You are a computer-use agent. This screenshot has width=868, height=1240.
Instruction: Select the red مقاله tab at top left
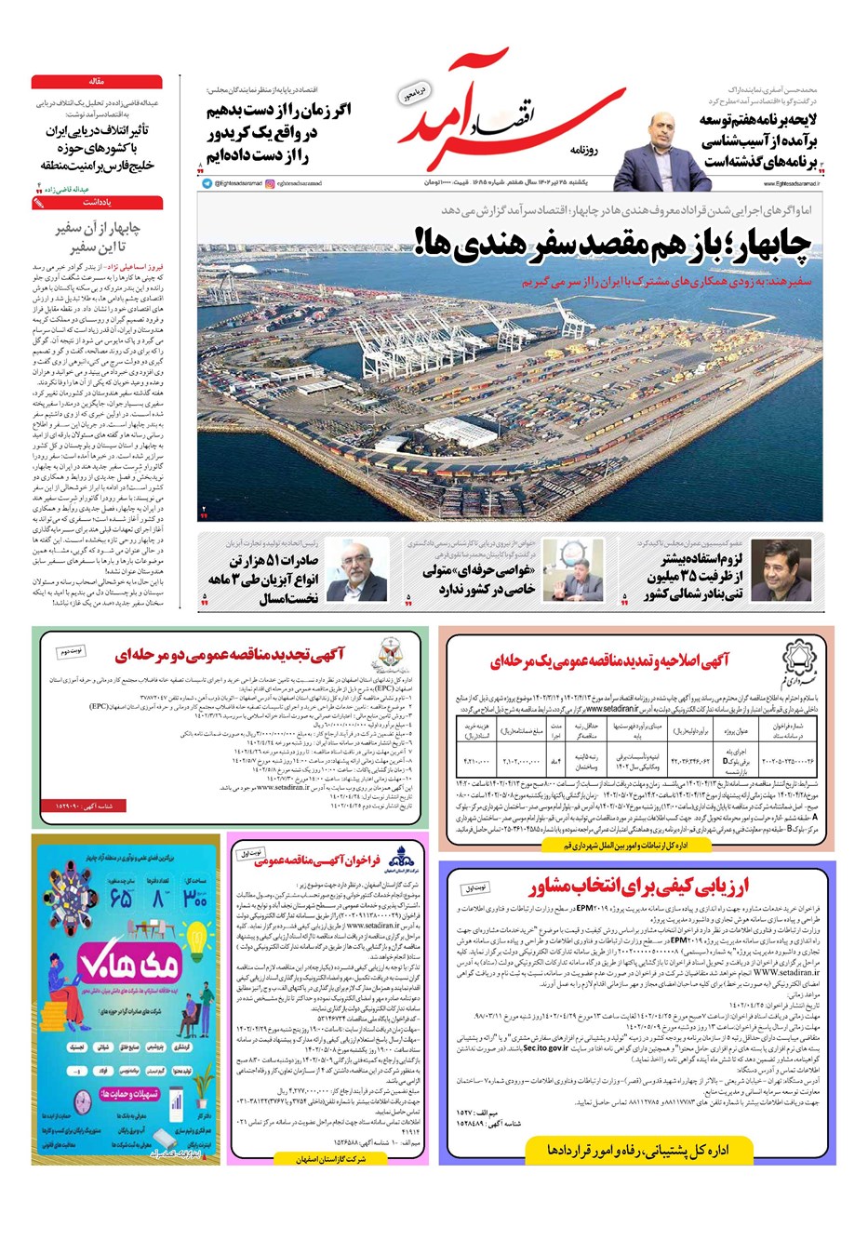coord(97,82)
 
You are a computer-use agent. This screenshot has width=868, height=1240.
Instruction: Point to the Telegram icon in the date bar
coord(207,184)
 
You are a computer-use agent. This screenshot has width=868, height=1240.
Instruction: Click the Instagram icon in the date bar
coord(271,184)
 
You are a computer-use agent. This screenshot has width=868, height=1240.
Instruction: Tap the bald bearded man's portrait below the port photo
coord(358,573)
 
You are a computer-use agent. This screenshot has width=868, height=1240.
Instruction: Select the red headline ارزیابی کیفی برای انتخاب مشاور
coord(639,886)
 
